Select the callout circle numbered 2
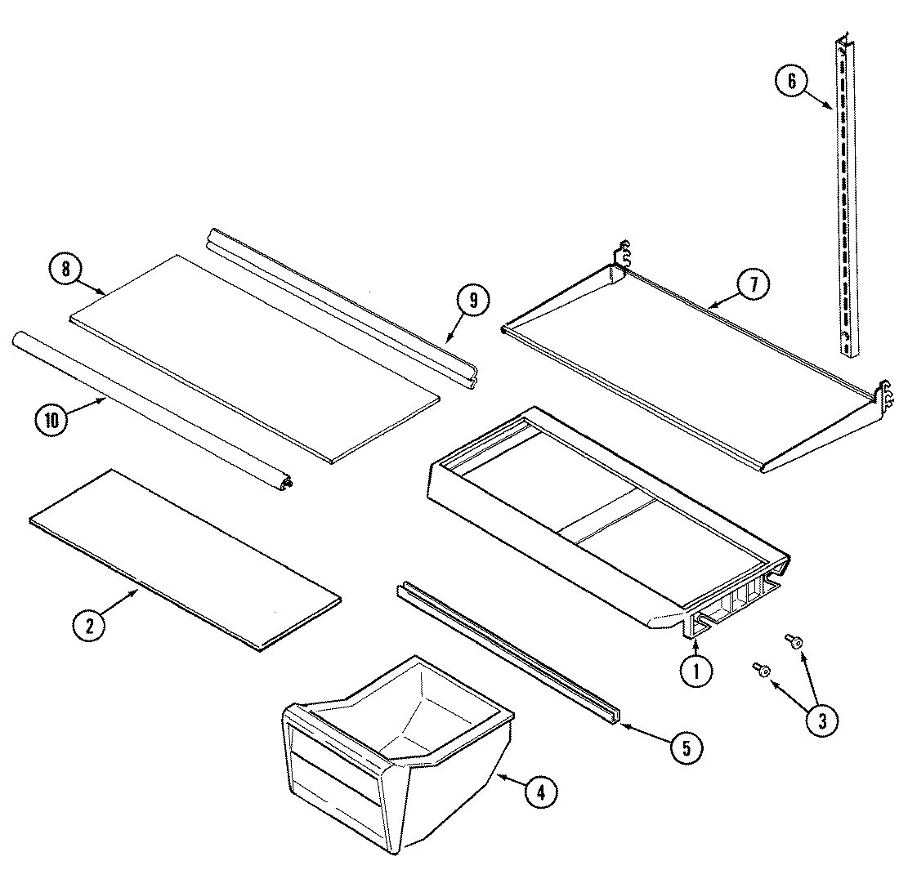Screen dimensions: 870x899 [88, 626]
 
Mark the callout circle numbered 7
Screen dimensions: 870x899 [752, 285]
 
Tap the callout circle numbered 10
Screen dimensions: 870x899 [51, 419]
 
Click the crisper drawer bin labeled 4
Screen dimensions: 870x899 [392, 752]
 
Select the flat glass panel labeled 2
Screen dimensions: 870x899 [184, 560]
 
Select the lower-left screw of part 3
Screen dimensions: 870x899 [761, 670]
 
